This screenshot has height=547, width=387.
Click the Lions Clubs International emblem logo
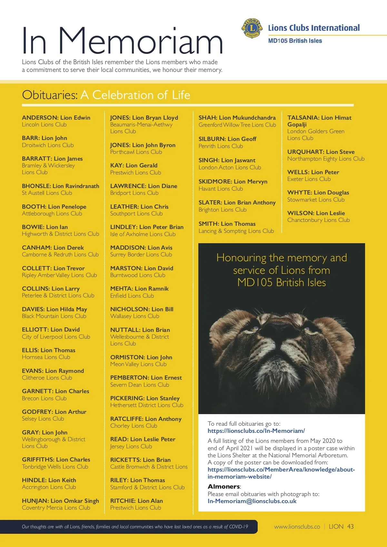(252, 28)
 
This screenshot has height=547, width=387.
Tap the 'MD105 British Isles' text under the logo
(295, 41)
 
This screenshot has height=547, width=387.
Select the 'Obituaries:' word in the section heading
(50, 95)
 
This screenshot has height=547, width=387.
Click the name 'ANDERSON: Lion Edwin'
(56, 118)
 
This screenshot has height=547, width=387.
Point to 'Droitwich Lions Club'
(48, 145)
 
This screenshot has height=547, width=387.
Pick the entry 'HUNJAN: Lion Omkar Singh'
(60, 501)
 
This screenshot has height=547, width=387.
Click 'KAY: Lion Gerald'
(134, 165)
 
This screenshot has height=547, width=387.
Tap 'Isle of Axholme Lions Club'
(143, 234)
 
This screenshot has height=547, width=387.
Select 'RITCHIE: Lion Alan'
(136, 501)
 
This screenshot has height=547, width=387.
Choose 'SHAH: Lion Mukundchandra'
(237, 118)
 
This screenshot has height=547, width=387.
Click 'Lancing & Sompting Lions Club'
(236, 231)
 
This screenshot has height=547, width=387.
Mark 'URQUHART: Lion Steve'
(321, 152)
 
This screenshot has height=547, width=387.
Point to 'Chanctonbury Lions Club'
(318, 220)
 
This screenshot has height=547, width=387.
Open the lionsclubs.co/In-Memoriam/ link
(256, 431)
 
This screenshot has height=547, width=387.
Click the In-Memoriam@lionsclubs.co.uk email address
(252, 501)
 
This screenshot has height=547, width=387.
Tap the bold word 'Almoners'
(224, 486)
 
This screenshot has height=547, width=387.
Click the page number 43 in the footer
(350, 527)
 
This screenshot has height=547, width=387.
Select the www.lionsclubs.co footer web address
(297, 527)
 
